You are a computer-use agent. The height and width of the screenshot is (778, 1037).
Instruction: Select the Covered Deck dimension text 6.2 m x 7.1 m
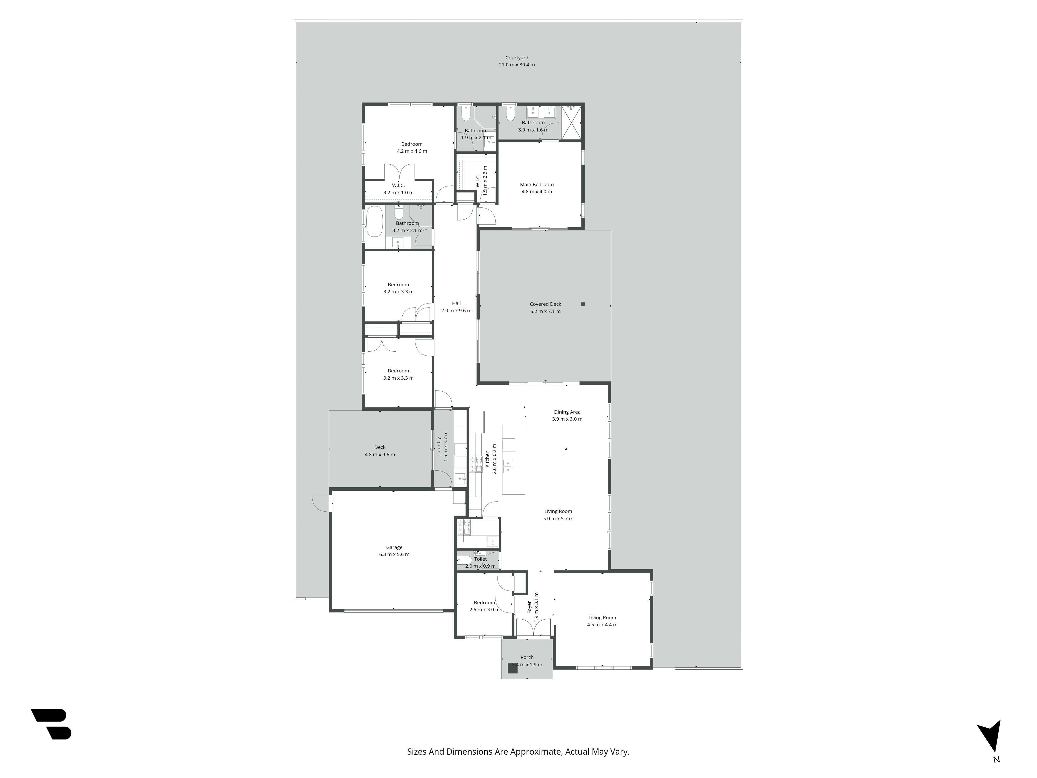[545, 311]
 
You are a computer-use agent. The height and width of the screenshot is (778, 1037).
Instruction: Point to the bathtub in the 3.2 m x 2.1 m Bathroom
[374, 222]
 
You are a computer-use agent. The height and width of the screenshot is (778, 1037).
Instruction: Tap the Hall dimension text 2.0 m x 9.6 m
[456, 310]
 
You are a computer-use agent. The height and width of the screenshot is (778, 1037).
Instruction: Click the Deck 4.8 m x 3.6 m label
[380, 447]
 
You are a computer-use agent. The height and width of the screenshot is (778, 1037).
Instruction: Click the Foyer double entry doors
[533, 628]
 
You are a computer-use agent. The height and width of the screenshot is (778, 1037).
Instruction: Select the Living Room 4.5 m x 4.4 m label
[602, 618]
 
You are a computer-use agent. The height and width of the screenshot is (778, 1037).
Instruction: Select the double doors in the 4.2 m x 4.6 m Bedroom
[400, 172]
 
